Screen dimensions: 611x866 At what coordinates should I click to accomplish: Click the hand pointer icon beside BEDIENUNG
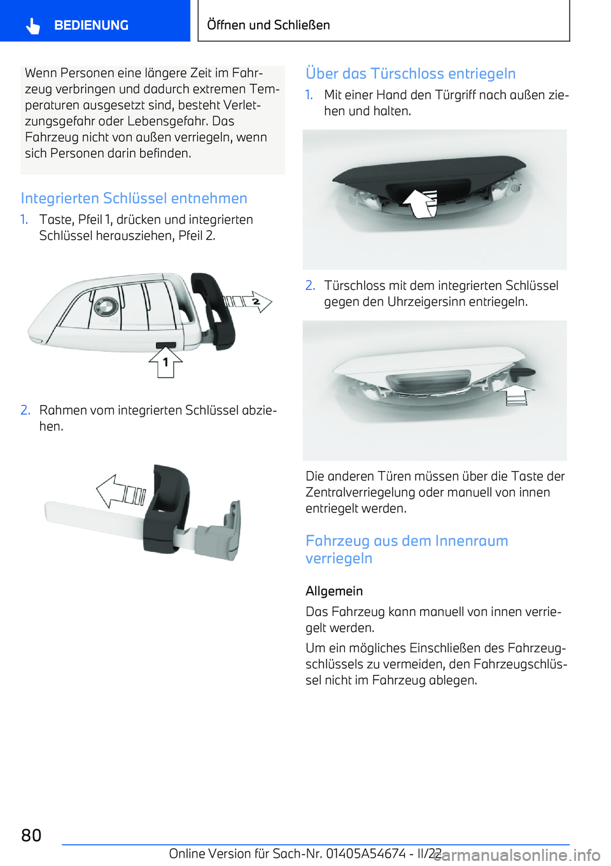(33, 26)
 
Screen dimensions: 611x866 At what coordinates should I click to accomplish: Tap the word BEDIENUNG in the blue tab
(91, 25)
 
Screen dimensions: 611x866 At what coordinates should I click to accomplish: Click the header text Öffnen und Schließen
(269, 25)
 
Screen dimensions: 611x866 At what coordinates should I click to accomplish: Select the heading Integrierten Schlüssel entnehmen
(134, 198)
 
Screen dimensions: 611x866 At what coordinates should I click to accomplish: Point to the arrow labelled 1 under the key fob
(165, 362)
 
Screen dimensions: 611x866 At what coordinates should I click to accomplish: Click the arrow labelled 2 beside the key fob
(248, 301)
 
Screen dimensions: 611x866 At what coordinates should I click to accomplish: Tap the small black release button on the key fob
(166, 345)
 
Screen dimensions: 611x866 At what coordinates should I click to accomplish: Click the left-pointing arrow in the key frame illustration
(121, 491)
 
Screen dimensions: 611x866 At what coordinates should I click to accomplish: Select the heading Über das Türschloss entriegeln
(411, 74)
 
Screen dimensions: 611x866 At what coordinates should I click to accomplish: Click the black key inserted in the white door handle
(523, 373)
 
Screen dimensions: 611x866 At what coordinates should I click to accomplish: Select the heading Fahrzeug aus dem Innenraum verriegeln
(407, 549)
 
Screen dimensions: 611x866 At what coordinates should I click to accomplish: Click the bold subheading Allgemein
(334, 591)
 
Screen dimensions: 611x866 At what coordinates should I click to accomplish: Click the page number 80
(31, 835)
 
